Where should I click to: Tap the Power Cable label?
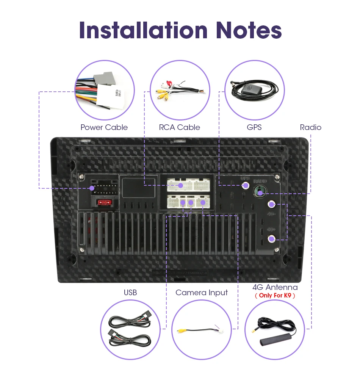point(104,127)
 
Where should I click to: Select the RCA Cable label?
point(180,127)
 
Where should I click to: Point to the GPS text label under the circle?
point(254,127)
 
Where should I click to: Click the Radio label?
point(310,127)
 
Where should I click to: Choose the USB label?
point(130,293)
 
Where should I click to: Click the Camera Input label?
point(202,293)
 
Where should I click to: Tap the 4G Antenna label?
point(275,287)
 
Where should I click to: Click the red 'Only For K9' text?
point(275,295)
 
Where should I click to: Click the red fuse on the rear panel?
point(104,203)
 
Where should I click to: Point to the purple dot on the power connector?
point(92,188)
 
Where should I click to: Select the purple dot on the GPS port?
point(246,186)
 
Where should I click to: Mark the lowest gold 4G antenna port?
point(272,239)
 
